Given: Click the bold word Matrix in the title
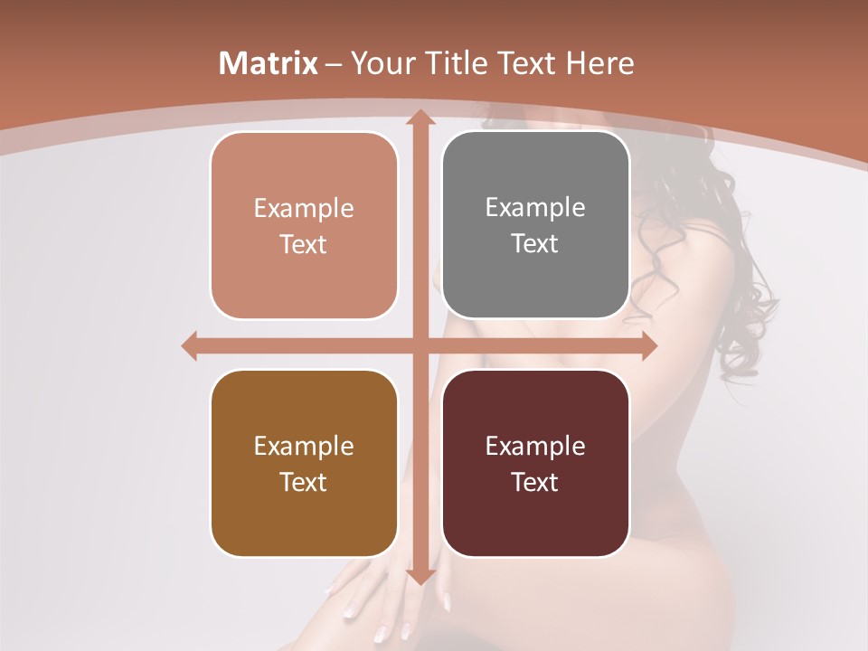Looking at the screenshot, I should coord(269,63).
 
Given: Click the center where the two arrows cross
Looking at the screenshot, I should coord(420,346).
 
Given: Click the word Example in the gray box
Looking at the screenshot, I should coord(535,208).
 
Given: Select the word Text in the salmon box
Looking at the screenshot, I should coord(304,245).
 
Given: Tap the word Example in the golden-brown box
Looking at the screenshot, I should coord(304,447).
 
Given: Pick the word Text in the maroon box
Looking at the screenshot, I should coord(535,483).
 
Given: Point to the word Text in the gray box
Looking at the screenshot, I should coord(535,244).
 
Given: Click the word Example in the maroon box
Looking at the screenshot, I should coord(535,447).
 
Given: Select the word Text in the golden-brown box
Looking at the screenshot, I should coord(304,483).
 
